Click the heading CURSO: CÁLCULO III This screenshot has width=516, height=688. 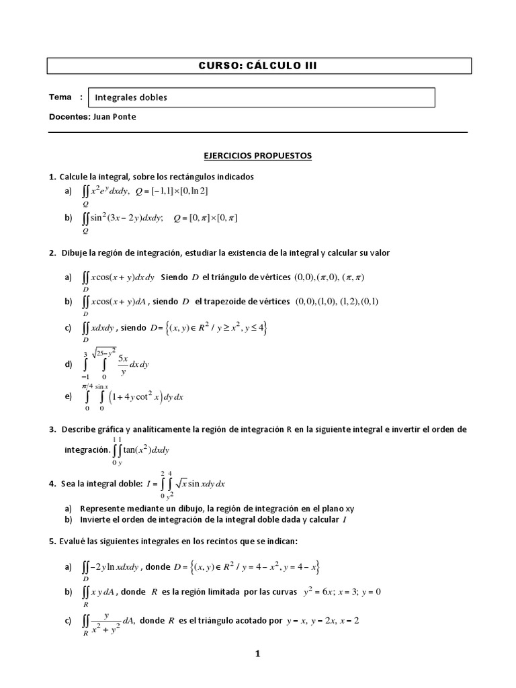coord(258,65)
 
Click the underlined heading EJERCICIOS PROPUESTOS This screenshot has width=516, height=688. coord(258,155)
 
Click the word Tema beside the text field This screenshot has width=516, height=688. coord(60,97)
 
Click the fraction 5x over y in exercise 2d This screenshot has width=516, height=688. coord(124,364)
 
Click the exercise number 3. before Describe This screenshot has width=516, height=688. coord(52,429)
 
